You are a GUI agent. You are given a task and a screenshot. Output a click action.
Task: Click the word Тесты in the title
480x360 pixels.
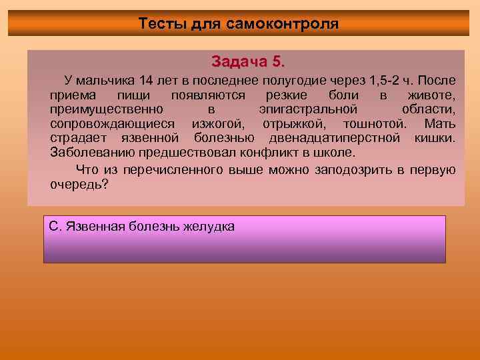point(158,24)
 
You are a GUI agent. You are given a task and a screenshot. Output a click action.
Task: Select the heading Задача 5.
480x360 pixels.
point(247,61)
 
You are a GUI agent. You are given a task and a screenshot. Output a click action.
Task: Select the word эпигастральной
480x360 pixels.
point(307,109)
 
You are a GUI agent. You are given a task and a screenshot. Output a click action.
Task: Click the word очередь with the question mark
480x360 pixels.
point(79,185)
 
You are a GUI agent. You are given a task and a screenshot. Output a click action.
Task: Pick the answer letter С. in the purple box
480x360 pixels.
point(56,227)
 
